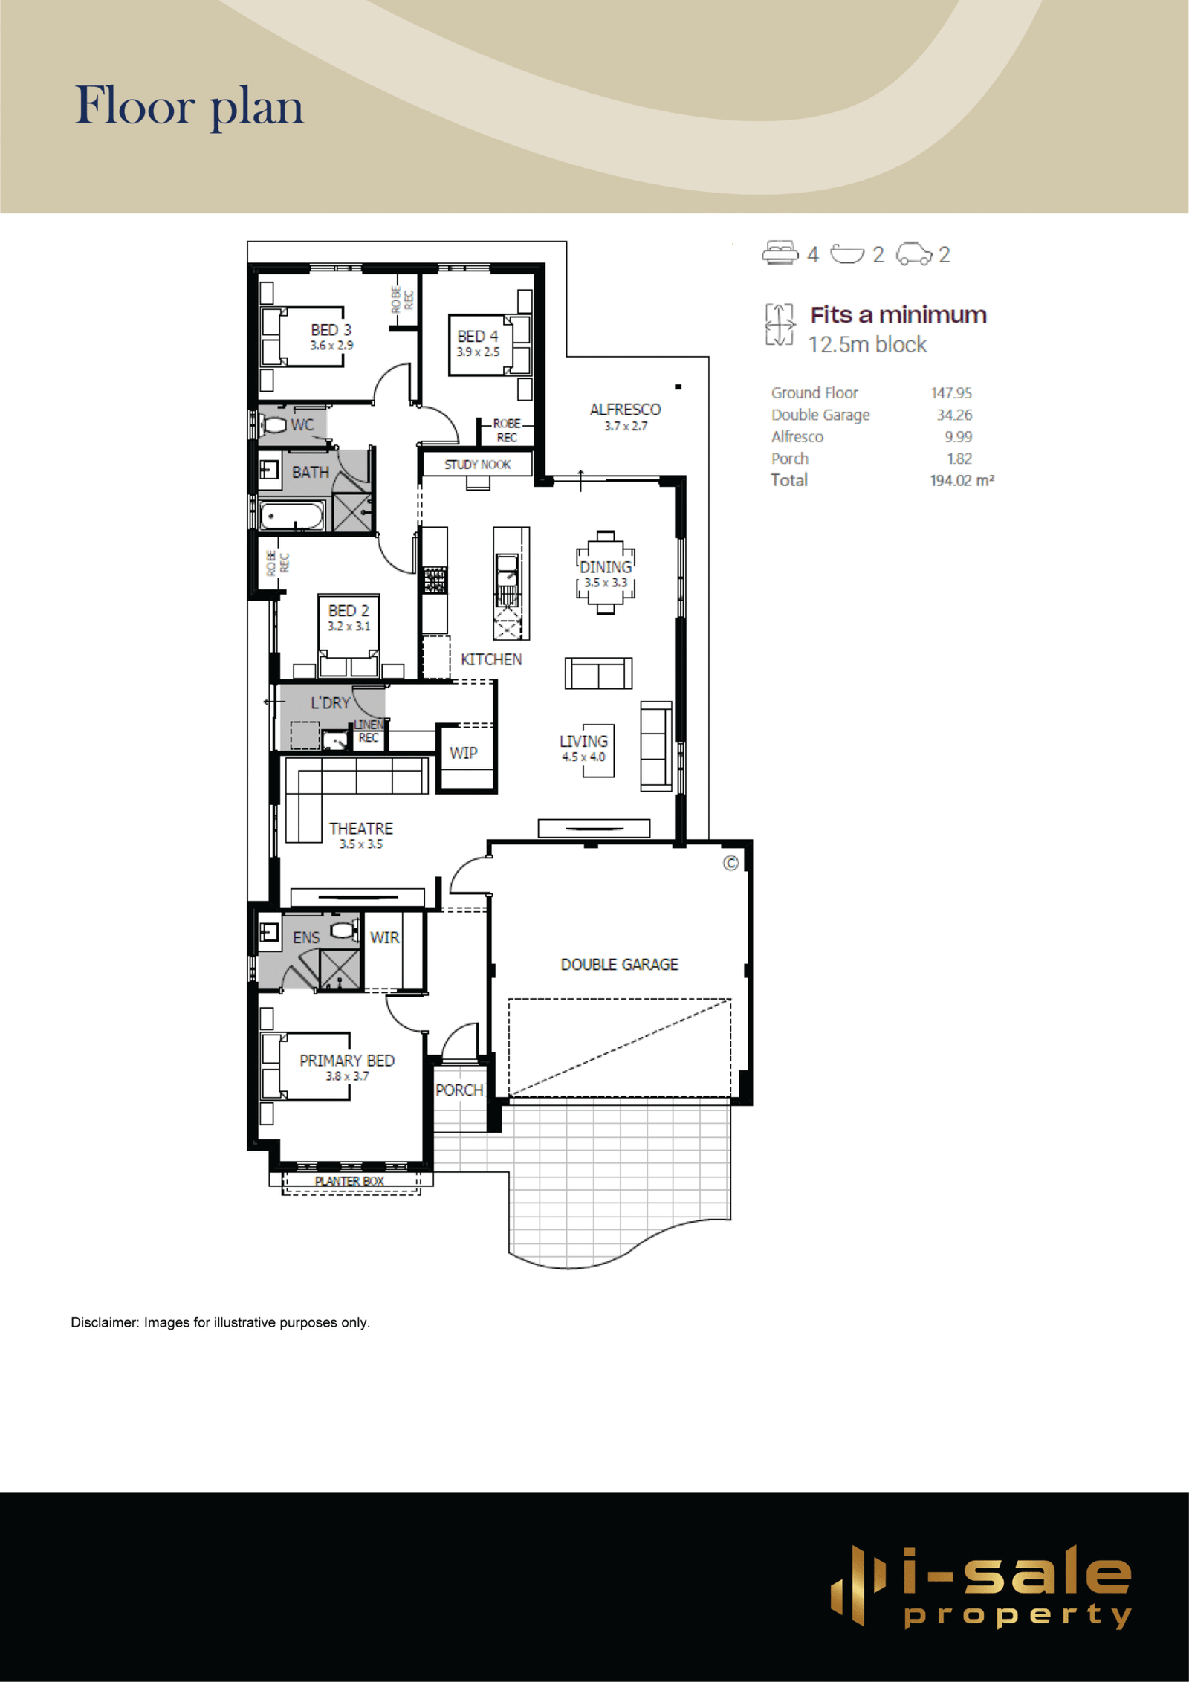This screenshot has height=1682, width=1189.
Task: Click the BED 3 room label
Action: click(x=331, y=329)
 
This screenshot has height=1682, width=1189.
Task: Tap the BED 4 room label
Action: click(x=478, y=336)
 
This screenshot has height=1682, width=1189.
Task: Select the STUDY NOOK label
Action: click(x=477, y=465)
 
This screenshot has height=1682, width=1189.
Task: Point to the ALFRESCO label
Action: click(x=625, y=410)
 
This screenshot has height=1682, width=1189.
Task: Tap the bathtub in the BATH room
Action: click(x=292, y=516)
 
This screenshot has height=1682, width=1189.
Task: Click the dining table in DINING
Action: click(x=606, y=572)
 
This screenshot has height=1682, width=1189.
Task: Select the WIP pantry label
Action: click(x=463, y=753)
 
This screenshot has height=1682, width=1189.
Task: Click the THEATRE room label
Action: click(x=361, y=828)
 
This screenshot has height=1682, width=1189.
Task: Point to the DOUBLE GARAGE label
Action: click(x=620, y=964)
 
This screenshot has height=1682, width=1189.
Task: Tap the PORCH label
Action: click(x=459, y=1090)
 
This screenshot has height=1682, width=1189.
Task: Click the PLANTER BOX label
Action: click(x=349, y=1181)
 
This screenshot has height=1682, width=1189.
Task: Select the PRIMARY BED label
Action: click(x=347, y=1061)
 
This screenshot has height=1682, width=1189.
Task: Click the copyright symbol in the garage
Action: click(x=731, y=863)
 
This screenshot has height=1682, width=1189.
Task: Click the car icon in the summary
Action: click(x=914, y=253)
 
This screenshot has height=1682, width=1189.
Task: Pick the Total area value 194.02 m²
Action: click(x=962, y=480)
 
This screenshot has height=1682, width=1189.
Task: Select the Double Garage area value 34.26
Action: click(x=954, y=415)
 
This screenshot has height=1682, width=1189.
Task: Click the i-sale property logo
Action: click(x=981, y=1587)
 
